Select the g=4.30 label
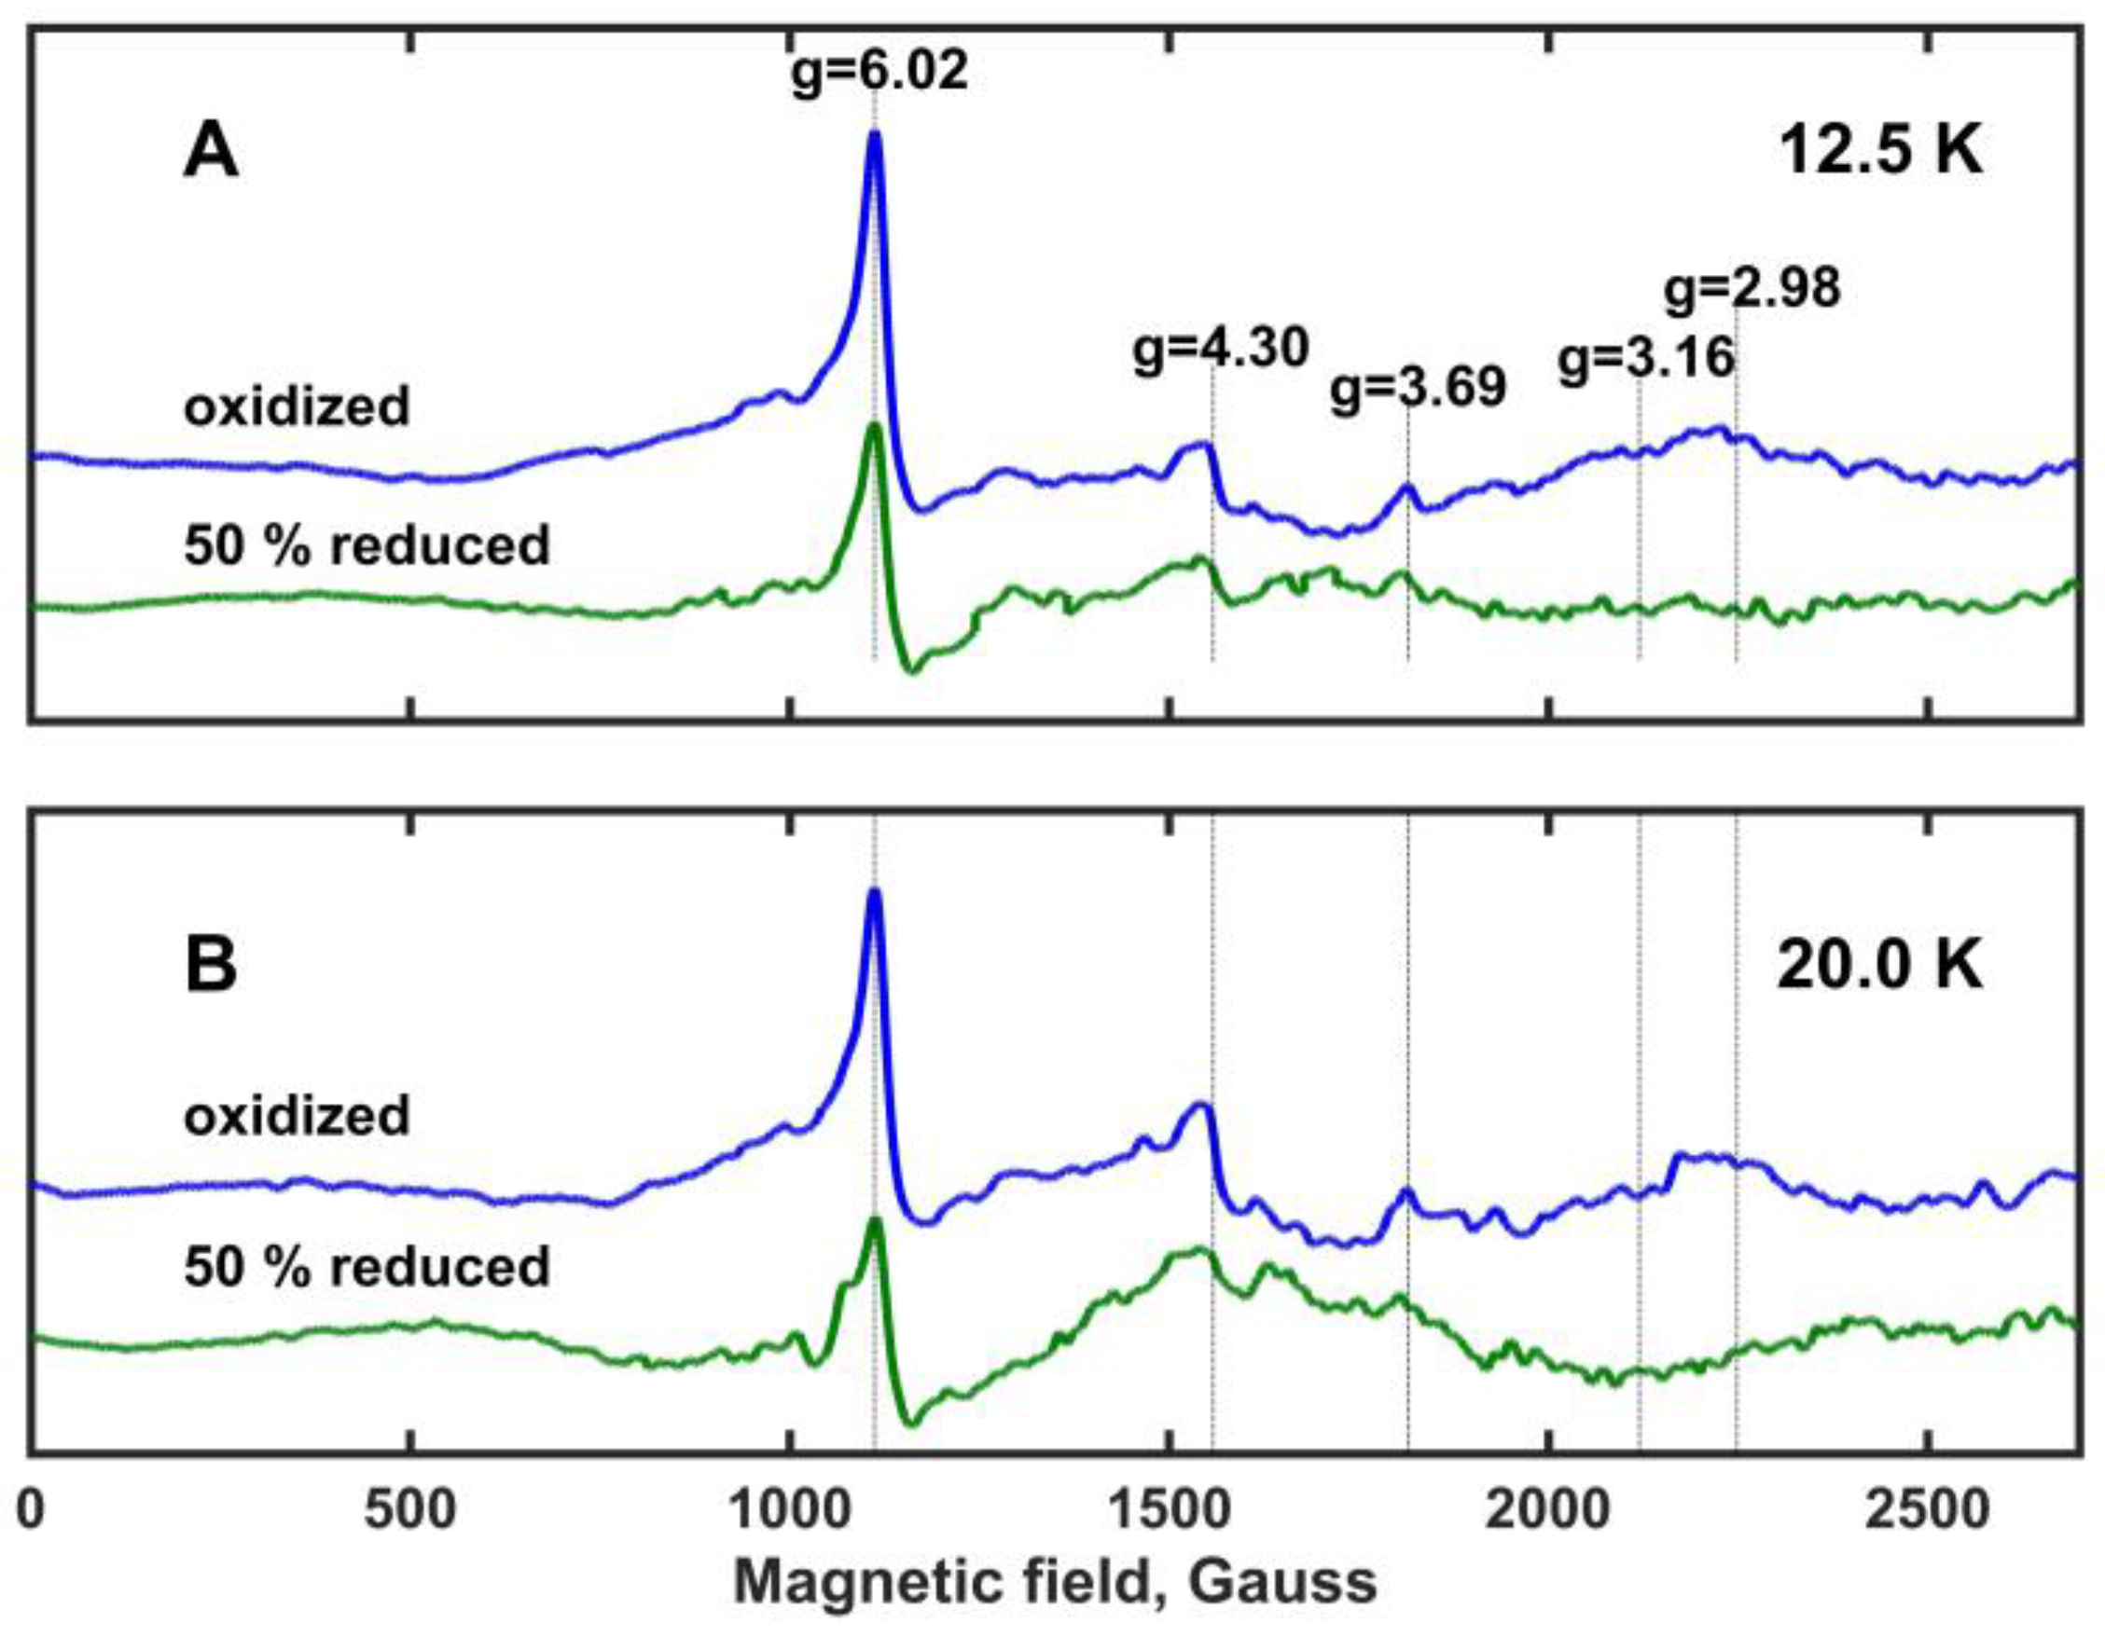tap(1220, 349)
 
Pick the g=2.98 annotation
tap(1752, 288)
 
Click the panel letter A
tap(210, 153)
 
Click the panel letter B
tap(210, 967)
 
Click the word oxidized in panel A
tap(297, 406)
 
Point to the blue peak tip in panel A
tap(874, 135)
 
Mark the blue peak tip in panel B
tap(874, 892)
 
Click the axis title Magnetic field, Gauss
tap(1056, 1582)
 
